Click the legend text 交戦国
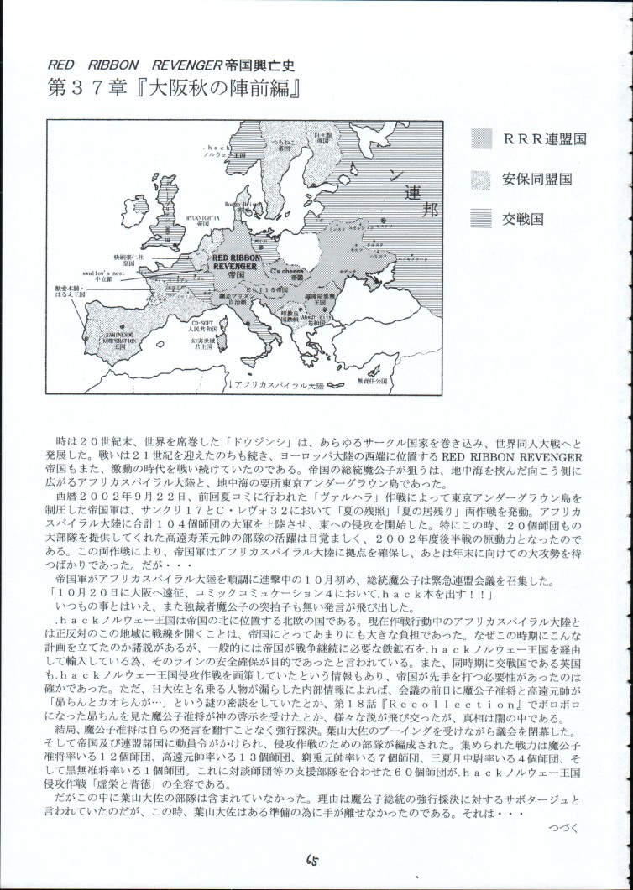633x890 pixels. tap(526, 218)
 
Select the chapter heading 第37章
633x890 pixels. tap(77, 90)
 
